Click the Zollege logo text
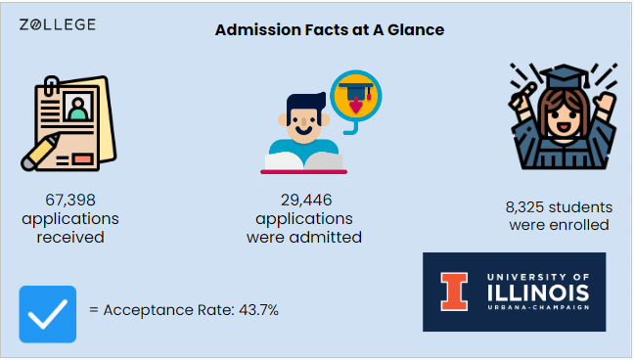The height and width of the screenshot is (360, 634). pyautogui.click(x=58, y=24)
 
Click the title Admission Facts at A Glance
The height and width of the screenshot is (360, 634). pyautogui.click(x=330, y=30)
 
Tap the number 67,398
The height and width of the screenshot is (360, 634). pyautogui.click(x=70, y=200)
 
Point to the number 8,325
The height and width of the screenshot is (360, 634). pyautogui.click(x=529, y=207)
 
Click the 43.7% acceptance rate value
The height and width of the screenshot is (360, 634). pyautogui.click(x=259, y=310)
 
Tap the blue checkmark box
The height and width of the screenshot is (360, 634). pyautogui.click(x=47, y=314)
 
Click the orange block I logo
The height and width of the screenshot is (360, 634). pyautogui.click(x=454, y=292)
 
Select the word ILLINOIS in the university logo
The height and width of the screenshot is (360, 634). pyautogui.click(x=537, y=293)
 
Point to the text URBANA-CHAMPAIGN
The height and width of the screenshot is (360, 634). pyautogui.click(x=537, y=310)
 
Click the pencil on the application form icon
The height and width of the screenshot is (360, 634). pyautogui.click(x=41, y=153)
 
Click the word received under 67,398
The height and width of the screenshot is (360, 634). pyautogui.click(x=70, y=237)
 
